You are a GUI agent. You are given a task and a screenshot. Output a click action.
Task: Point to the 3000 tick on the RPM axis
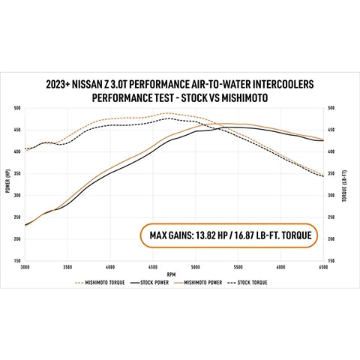tap(25, 266)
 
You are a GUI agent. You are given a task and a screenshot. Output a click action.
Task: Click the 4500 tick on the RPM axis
tap(153, 266)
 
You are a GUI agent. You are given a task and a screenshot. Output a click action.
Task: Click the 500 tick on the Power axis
tap(16, 108)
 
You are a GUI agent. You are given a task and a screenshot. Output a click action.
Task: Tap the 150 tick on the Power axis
tap(16, 260)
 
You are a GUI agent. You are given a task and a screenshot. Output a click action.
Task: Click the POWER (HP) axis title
tap(7, 184)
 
